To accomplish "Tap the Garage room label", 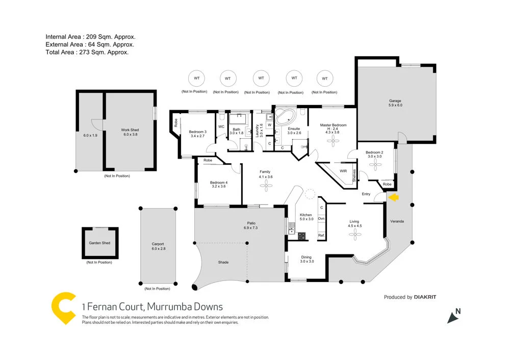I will point(395,101).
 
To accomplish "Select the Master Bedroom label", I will point(333,125).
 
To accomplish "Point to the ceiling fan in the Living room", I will point(354,234).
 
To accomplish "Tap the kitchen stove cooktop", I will point(301,236).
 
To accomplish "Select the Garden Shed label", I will point(99,243).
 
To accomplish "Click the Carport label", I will point(159,244).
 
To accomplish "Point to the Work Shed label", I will point(130,130).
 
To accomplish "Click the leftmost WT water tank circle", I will point(194,79).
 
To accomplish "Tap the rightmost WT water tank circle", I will point(324,79).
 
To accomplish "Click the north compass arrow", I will point(453,316).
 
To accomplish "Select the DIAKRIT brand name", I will point(425,297).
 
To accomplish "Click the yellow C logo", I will point(64,308).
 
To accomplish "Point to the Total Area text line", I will point(87,52).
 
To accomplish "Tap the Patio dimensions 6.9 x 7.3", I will point(251,228).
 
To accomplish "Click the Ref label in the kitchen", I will point(321,235).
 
